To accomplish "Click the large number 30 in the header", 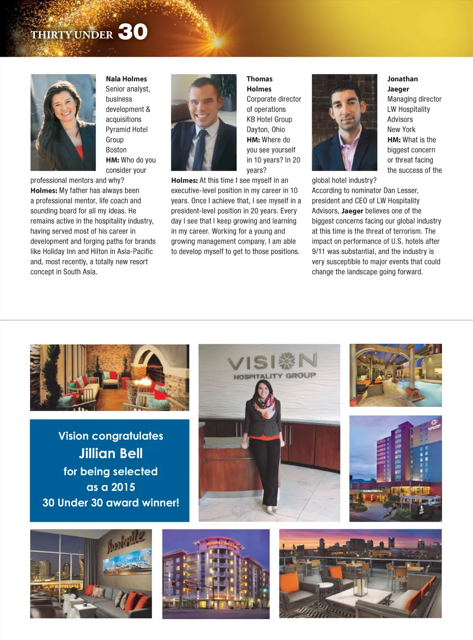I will click(x=133, y=32).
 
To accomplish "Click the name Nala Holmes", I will click(x=126, y=79).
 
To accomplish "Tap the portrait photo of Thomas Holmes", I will click(x=204, y=122).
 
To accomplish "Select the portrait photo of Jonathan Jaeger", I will click(x=345, y=122).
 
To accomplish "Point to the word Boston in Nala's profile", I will click(x=116, y=150).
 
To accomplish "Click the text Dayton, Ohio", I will click(x=266, y=130).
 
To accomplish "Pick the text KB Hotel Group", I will click(x=269, y=120).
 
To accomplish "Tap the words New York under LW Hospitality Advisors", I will click(x=401, y=130).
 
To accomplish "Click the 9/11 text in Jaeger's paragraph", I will click(x=318, y=251).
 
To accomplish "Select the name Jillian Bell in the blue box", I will click(x=111, y=454).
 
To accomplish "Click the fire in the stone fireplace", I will click(x=146, y=382).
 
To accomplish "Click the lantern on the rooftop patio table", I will click(x=359, y=586).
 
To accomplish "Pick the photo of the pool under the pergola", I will click(x=395, y=375).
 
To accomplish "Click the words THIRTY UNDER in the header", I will click(x=72, y=35).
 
